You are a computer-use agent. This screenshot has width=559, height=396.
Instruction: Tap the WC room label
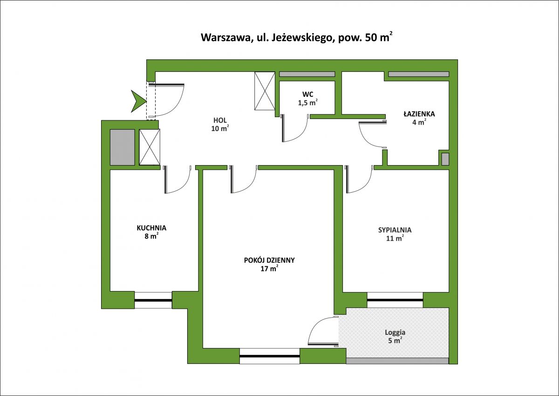point(308,94)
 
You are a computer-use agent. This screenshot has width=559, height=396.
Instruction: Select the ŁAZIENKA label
point(419,114)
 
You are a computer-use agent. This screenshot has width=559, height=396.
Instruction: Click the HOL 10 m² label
point(220,125)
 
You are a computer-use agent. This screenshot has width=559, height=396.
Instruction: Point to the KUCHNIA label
point(151,228)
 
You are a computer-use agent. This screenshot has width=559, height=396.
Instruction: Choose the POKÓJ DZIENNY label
point(269,260)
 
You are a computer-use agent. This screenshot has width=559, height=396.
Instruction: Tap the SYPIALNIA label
point(395,230)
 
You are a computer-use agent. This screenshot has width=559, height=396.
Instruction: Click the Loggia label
point(395,333)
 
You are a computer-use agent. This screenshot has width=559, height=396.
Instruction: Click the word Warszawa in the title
point(225,37)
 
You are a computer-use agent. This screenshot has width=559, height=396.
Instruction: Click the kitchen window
point(153,300)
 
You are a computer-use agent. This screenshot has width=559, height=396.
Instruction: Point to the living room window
point(270,356)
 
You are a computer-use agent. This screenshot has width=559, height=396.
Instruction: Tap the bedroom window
point(395,300)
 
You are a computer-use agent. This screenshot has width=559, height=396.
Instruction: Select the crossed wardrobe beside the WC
point(265,90)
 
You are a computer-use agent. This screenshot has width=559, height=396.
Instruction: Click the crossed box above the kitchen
point(150,147)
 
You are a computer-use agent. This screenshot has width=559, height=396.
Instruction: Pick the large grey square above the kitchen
point(122,147)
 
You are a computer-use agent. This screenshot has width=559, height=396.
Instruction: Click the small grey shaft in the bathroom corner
point(445,159)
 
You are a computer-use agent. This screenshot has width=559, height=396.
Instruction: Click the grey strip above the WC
point(307,74)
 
